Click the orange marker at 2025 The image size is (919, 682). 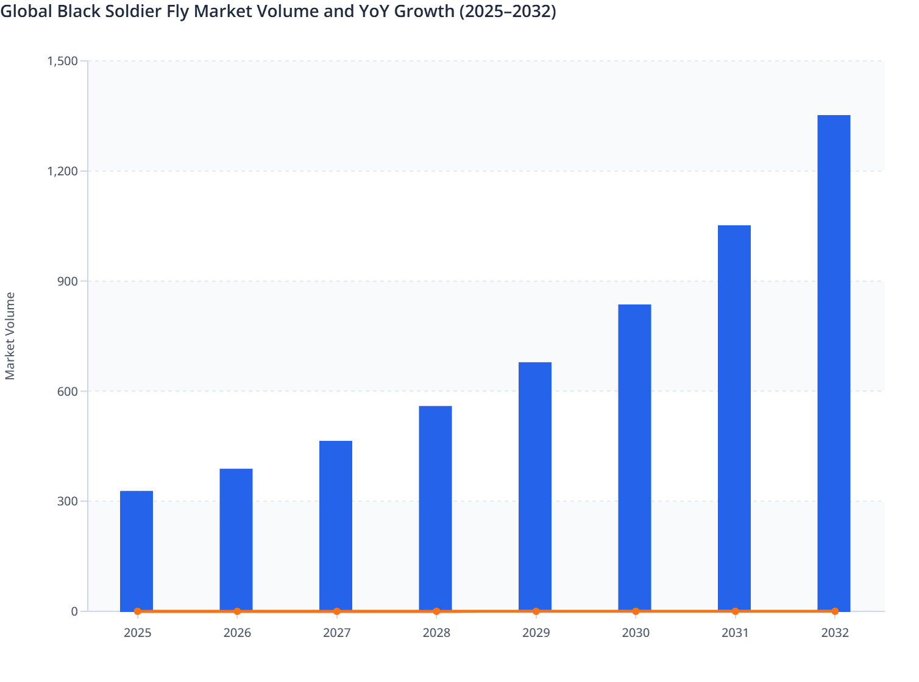click(138, 611)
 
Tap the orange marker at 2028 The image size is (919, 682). click(436, 611)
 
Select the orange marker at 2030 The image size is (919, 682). click(636, 611)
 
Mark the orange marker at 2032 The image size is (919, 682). click(835, 611)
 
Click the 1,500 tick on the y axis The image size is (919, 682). click(62, 61)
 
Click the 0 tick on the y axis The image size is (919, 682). click(74, 611)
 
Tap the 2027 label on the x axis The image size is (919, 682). click(336, 633)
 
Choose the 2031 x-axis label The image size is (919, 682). click(735, 633)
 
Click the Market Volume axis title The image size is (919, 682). click(10, 336)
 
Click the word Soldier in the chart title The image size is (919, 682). click(138, 12)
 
